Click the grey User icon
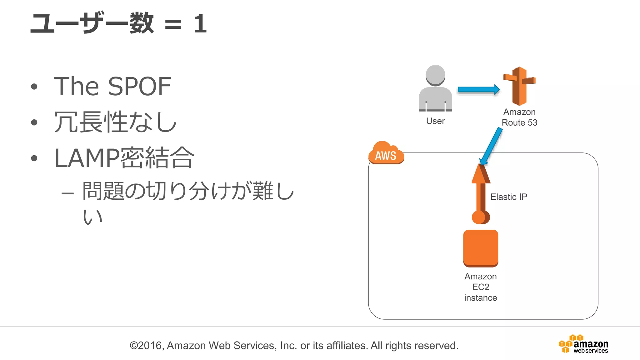(x=435, y=89)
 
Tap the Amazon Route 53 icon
(x=519, y=86)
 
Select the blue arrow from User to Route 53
(x=478, y=89)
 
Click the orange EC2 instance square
(x=481, y=248)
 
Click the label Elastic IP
(x=508, y=197)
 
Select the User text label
(x=435, y=121)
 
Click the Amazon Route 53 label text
(x=519, y=117)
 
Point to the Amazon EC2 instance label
(x=480, y=287)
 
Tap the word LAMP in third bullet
(x=87, y=158)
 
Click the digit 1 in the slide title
(x=200, y=24)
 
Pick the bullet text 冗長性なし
(x=115, y=122)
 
